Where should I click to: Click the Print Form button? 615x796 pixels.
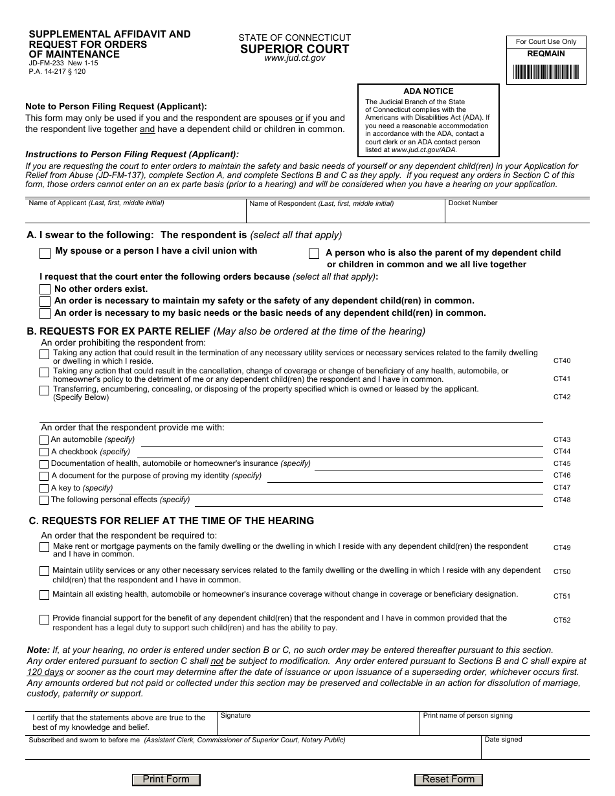point(166,779)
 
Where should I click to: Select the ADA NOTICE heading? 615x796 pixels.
point(429,91)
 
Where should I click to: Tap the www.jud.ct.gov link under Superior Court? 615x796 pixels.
point(295,58)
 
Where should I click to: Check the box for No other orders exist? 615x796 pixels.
point(45,289)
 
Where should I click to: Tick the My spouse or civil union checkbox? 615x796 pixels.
point(45,253)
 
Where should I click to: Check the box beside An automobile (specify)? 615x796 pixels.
point(44,440)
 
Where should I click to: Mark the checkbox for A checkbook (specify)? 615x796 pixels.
point(44,452)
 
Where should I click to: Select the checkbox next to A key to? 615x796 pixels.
point(44,489)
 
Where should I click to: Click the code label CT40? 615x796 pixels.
point(561,360)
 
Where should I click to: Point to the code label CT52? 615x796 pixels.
point(561,620)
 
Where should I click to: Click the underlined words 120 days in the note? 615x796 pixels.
point(45,672)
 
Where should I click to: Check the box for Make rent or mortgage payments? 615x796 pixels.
point(45,547)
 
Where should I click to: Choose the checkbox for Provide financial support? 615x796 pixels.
point(45,620)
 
